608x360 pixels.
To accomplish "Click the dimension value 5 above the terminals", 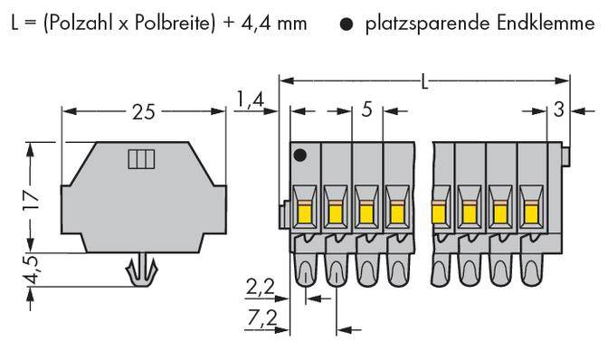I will coord(366,110).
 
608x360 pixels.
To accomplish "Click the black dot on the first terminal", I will coord(301,156).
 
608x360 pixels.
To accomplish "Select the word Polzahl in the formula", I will coord(82,23).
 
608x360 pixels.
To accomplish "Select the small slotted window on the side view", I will coord(141,161).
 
